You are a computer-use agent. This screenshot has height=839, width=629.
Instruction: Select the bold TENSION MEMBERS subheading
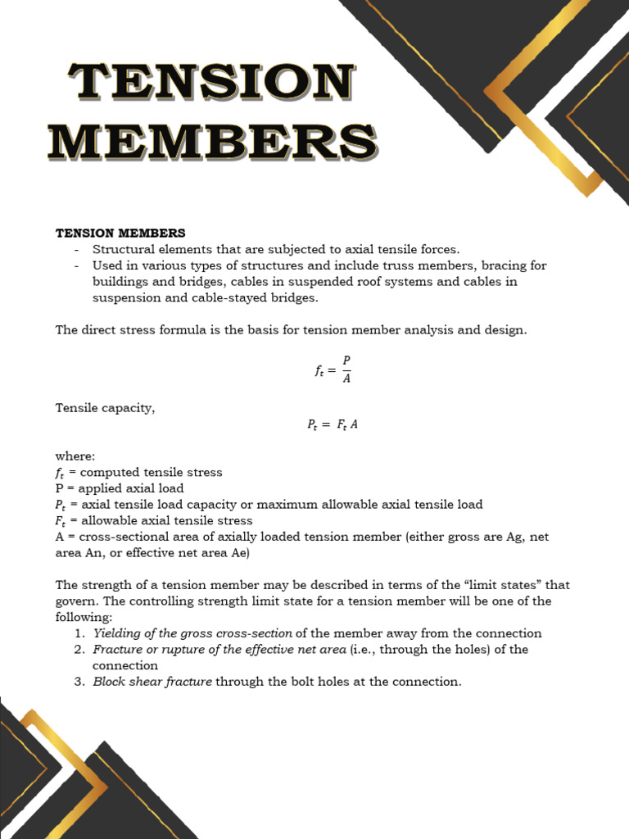120,234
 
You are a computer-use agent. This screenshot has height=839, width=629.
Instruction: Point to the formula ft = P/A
333,370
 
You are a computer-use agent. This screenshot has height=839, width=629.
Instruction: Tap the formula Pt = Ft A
333,424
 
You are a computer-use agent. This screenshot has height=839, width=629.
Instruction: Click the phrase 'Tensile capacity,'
105,408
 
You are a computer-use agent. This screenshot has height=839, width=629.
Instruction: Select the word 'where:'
75,456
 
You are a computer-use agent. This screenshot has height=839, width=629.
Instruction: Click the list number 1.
79,633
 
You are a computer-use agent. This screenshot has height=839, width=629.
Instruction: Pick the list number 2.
79,650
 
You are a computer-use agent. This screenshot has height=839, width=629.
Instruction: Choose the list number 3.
79,682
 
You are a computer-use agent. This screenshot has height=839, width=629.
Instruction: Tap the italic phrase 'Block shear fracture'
152,682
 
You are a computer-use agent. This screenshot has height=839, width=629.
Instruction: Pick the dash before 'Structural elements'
76,249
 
